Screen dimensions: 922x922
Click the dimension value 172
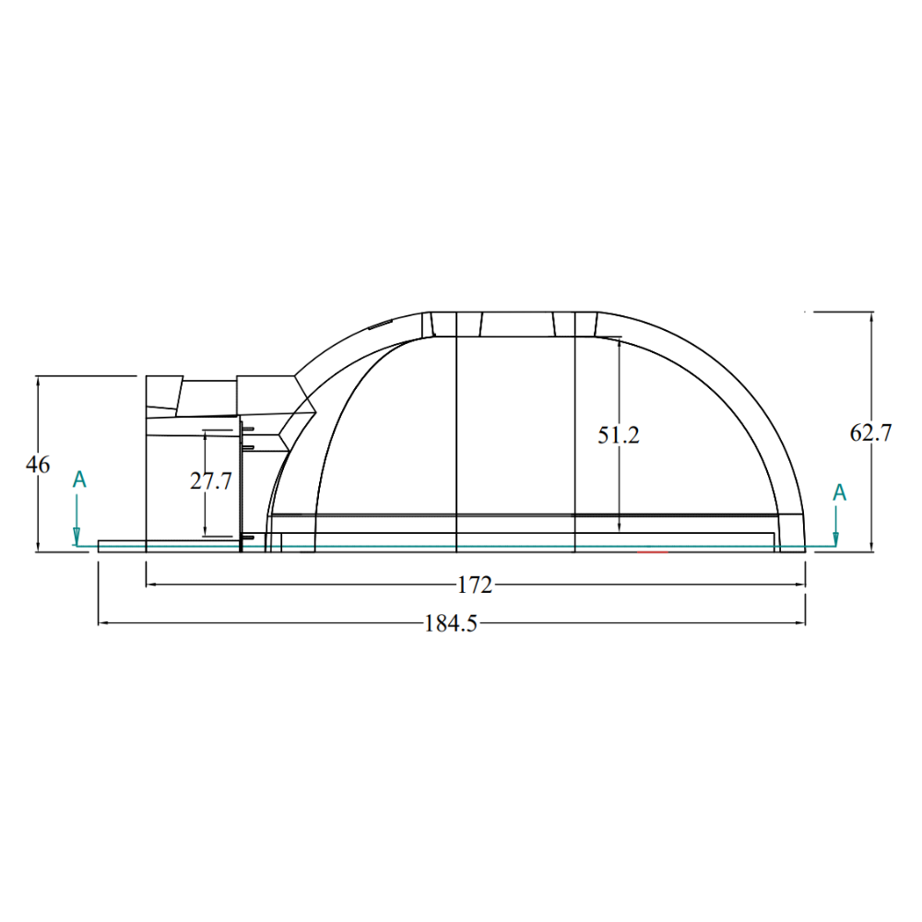coord(475,585)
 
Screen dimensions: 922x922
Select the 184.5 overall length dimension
coord(451,623)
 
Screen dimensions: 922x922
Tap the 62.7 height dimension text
coord(870,432)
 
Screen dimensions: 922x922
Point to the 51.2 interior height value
coord(619,435)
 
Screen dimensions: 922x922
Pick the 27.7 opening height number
coord(211,481)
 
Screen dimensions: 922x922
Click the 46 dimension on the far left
coord(38,465)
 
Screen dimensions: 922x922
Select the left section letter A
coord(79,479)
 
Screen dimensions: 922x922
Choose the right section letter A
coord(840,492)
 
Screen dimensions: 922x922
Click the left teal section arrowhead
coord(77,537)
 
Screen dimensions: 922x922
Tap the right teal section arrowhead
coord(835,538)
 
